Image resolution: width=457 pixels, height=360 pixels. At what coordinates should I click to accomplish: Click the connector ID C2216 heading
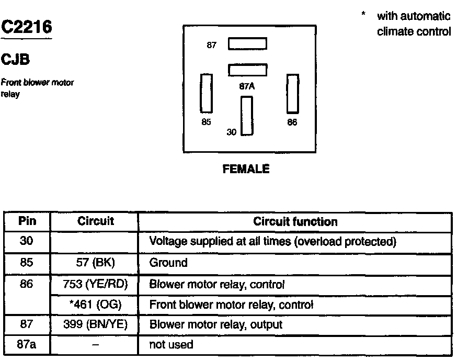[27, 27]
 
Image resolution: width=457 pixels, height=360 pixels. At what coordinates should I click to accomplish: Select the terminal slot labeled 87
[247, 44]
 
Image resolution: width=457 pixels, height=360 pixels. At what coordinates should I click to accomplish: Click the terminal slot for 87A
[247, 70]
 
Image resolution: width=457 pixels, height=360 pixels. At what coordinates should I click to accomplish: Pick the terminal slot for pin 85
[207, 93]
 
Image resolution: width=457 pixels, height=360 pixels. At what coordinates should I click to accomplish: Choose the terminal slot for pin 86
[292, 93]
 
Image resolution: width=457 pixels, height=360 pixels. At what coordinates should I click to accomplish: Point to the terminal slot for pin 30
[247, 116]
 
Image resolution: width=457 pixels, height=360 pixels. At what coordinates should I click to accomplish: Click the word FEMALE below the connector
[246, 169]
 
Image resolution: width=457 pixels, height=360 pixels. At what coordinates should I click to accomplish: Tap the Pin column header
[27, 221]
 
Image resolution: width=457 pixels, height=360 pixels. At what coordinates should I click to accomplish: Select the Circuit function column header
[295, 221]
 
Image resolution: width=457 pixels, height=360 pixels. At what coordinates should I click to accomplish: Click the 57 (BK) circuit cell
[95, 263]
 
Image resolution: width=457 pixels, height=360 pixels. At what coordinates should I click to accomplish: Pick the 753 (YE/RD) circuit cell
[95, 284]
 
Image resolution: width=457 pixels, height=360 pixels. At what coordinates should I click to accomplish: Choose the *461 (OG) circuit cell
[95, 304]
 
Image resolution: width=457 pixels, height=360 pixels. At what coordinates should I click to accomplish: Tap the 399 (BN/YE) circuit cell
[95, 324]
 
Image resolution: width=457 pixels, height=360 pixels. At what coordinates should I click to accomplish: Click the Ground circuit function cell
[168, 263]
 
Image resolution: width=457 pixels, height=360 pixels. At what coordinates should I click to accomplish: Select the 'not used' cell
[172, 344]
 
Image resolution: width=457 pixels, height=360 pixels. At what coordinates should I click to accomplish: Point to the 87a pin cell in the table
[27, 344]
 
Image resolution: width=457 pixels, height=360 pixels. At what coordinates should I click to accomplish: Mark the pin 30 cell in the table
[27, 242]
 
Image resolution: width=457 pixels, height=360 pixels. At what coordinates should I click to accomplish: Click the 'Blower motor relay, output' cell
[216, 324]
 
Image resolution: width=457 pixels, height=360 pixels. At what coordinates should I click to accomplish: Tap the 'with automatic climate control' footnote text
[413, 24]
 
